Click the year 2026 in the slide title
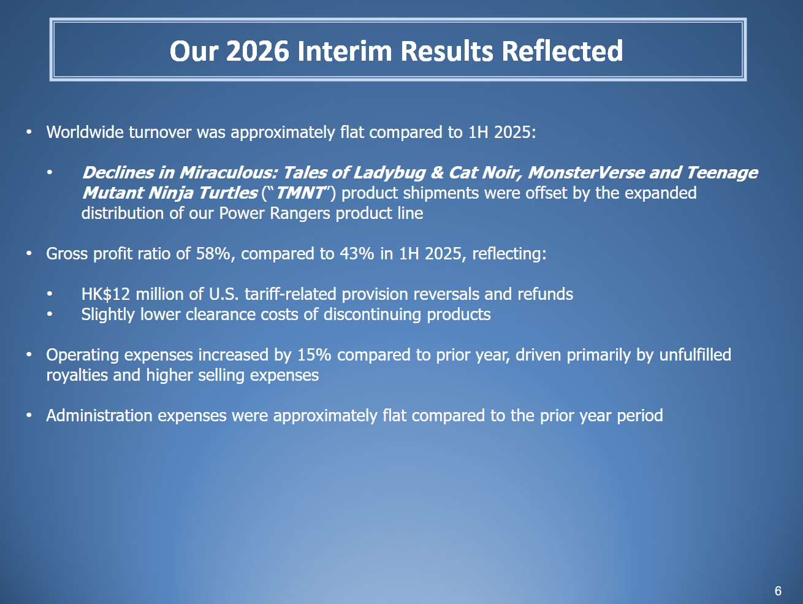coord(257,51)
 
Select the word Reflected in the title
coord(562,51)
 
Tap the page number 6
coord(778,591)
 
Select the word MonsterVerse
coord(586,172)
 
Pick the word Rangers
coord(300,213)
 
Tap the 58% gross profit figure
coord(213,253)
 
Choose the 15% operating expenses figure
coord(314,355)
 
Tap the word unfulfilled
coord(695,355)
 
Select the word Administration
coord(99,416)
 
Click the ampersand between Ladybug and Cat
coord(436,173)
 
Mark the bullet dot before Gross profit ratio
coord(29,253)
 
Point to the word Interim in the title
coord(345,51)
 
